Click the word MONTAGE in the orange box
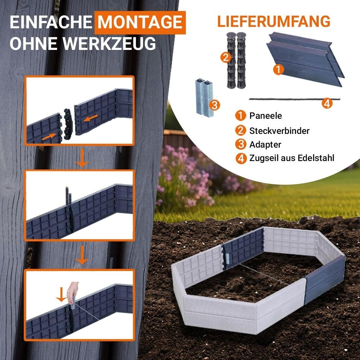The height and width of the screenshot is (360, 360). (x=140, y=22)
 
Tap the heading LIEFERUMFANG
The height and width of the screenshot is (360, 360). (x=274, y=21)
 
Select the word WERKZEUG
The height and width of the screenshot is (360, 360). (x=109, y=43)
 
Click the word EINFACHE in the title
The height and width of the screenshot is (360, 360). (x=51, y=22)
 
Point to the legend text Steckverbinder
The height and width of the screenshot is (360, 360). (x=279, y=131)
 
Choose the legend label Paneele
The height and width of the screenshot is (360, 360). (x=265, y=116)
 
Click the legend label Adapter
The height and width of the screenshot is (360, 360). (x=265, y=144)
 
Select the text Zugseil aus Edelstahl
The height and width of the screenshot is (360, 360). (x=291, y=158)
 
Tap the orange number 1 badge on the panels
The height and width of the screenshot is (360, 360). (x=278, y=69)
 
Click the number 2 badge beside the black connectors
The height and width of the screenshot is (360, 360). (x=225, y=57)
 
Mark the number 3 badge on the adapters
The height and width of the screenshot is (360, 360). (x=214, y=105)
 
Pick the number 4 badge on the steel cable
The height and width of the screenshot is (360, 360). (x=327, y=103)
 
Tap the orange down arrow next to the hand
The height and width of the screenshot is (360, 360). (x=61, y=295)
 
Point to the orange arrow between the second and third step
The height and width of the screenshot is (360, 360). (x=82, y=255)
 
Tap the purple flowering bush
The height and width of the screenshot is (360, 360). (x=184, y=177)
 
